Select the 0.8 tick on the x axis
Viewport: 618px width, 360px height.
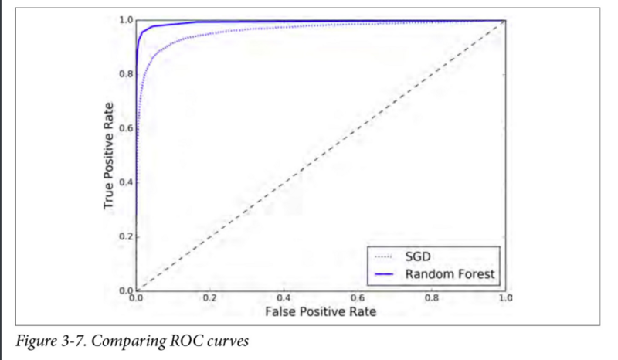431,297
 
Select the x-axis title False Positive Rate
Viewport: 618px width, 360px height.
320,311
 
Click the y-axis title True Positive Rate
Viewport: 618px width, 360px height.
110,155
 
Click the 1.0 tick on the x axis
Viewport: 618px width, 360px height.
505,297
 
